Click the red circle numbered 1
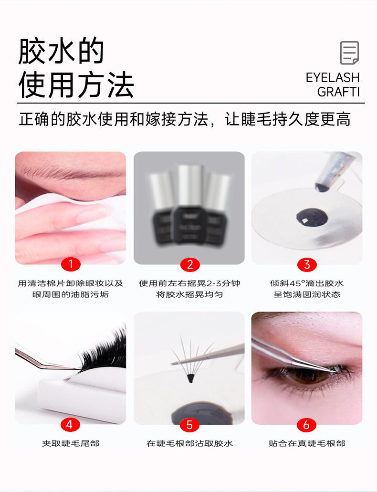[71, 264]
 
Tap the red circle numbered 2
[189, 264]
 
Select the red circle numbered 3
[307, 264]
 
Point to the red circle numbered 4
[70, 425]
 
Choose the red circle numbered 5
[189, 425]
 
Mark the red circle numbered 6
[306, 425]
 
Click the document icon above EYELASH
[349, 52]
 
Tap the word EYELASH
[333, 77]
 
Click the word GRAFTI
[338, 92]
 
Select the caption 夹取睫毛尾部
[71, 443]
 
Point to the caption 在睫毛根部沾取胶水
[189, 443]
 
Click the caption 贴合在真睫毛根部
[307, 443]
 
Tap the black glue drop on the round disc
[312, 217]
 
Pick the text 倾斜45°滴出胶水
[307, 283]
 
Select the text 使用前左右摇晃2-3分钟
[189, 283]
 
